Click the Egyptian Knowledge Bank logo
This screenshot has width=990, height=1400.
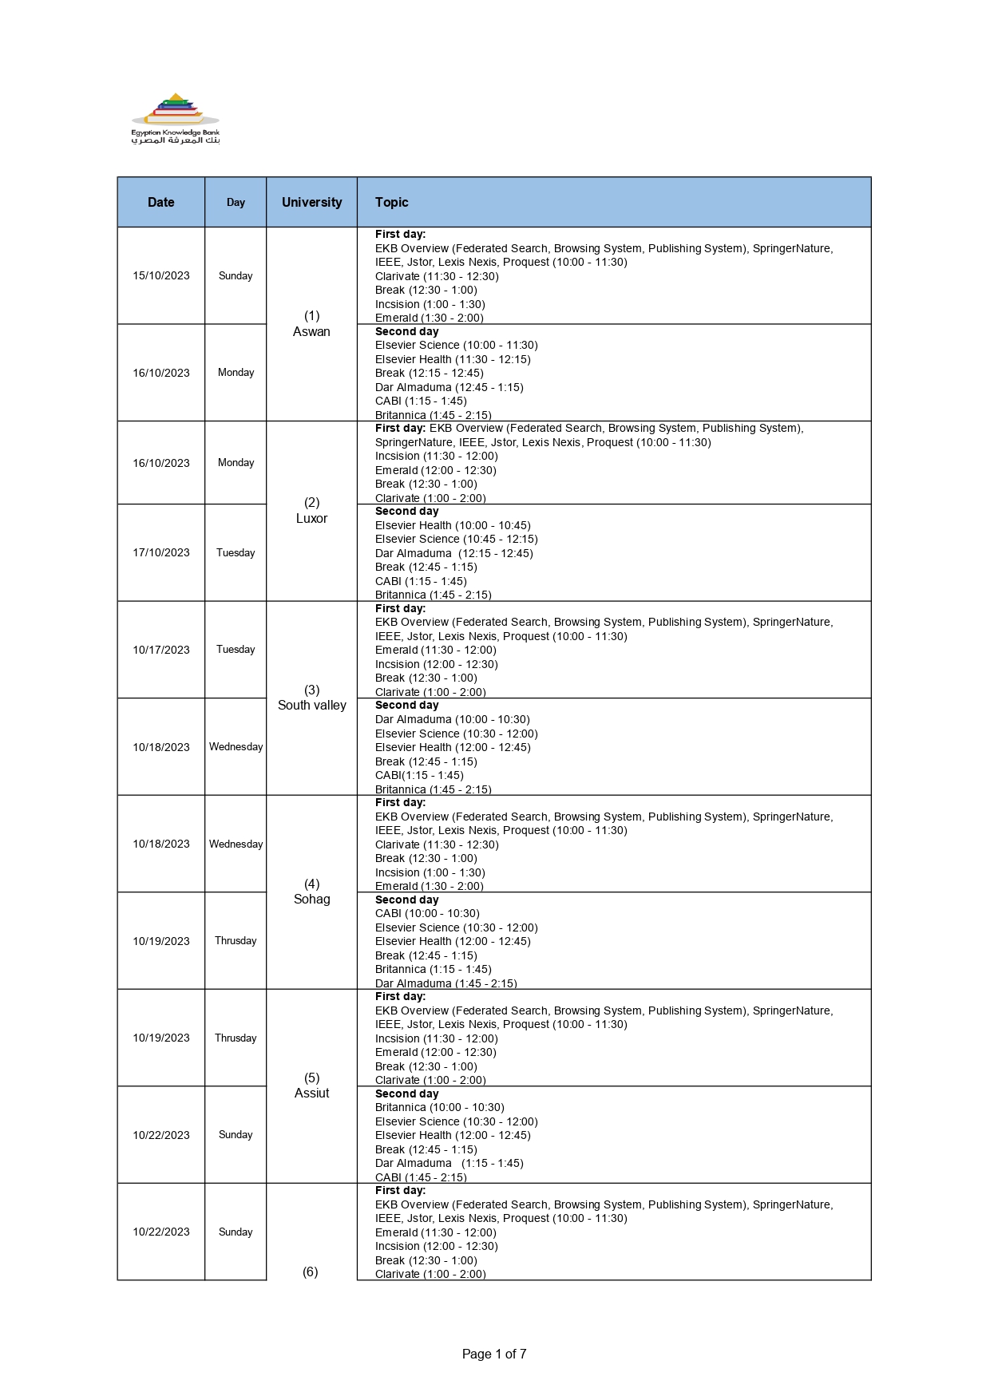[175, 119]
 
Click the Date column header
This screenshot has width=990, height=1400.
[160, 203]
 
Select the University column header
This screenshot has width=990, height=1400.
[311, 203]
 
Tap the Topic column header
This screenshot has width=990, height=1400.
[391, 203]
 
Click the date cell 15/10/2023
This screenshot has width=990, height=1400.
[160, 276]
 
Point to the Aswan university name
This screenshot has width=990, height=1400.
[311, 332]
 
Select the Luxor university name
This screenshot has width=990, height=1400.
[311, 519]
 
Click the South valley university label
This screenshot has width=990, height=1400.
[311, 706]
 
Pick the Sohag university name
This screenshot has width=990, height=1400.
[311, 900]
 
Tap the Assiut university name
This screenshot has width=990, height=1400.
[311, 1094]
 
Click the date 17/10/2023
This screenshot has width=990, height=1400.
[160, 553]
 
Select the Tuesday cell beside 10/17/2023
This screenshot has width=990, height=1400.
[236, 650]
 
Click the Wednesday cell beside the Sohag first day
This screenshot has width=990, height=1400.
[236, 844]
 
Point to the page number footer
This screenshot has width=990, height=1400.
[494, 1354]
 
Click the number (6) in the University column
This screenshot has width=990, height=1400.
[311, 1272]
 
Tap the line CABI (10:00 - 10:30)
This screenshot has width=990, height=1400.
[427, 914]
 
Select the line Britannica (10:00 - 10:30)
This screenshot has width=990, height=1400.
[439, 1108]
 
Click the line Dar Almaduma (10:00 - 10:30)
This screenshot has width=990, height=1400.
[452, 720]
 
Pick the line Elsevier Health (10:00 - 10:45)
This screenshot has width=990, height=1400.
[453, 526]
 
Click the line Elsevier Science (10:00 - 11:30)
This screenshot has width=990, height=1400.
[456, 346]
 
